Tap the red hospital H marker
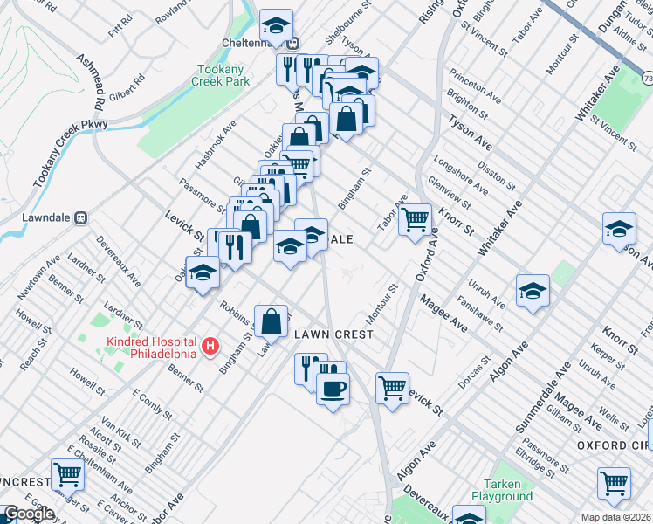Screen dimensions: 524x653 point(210,348)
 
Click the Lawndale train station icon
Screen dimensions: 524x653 point(80,217)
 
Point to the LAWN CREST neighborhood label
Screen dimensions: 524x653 point(333,334)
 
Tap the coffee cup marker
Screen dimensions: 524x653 point(333,388)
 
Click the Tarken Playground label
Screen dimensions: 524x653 point(502,490)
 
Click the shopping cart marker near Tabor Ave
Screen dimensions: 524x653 point(416,218)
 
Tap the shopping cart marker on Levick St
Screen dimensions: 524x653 point(392,387)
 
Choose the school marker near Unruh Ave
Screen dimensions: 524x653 point(532,292)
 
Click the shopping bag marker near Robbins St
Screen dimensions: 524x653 point(271,321)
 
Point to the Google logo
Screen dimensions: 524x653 point(28,514)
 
